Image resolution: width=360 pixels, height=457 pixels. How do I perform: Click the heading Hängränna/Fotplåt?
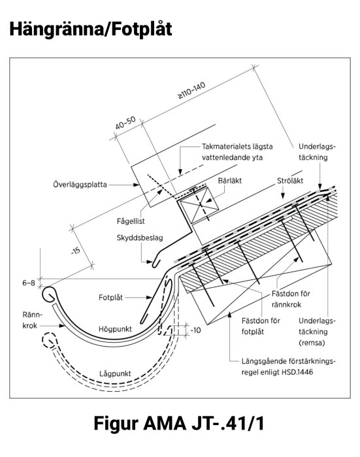click(91, 29)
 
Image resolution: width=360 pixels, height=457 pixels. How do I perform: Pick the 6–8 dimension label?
click(28, 283)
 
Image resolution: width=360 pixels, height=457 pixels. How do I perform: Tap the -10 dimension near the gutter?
click(195, 331)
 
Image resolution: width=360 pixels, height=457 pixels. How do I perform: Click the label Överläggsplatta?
click(79, 185)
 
